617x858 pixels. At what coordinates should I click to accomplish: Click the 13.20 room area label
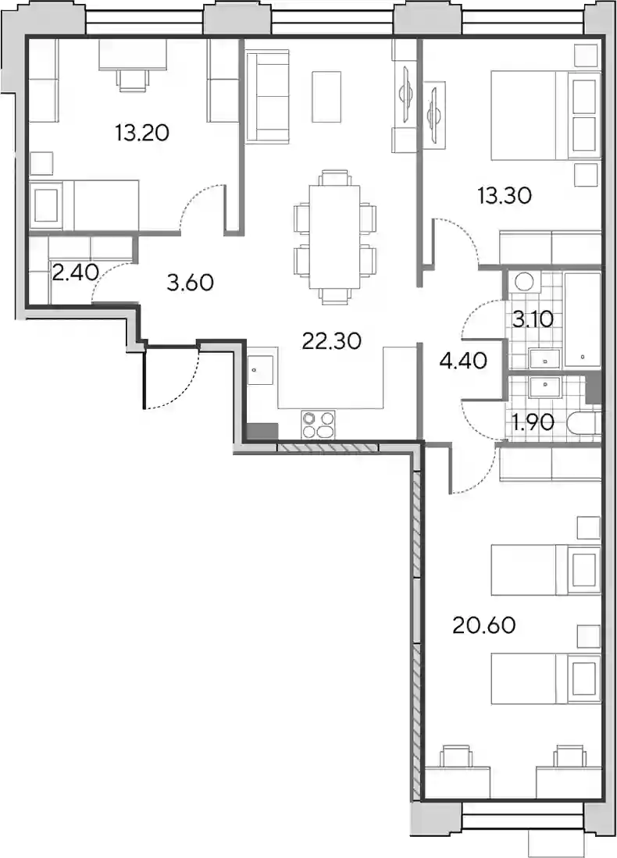(x=142, y=133)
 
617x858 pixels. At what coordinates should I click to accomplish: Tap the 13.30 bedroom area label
(x=504, y=195)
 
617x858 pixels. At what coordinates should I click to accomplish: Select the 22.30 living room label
(x=332, y=341)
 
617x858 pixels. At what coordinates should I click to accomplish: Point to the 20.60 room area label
(x=484, y=625)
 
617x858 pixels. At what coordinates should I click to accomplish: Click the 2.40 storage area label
(x=75, y=271)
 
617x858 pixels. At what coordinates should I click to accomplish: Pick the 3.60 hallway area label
(x=190, y=283)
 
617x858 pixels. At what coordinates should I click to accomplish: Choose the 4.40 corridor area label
(x=463, y=361)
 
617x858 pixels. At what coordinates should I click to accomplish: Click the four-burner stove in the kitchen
(x=318, y=425)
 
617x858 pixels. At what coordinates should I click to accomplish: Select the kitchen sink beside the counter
(x=261, y=369)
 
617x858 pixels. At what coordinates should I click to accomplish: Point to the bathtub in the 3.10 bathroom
(x=583, y=319)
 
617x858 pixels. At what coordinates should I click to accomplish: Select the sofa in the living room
(x=266, y=96)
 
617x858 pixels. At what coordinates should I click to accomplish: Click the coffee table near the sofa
(x=326, y=97)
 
